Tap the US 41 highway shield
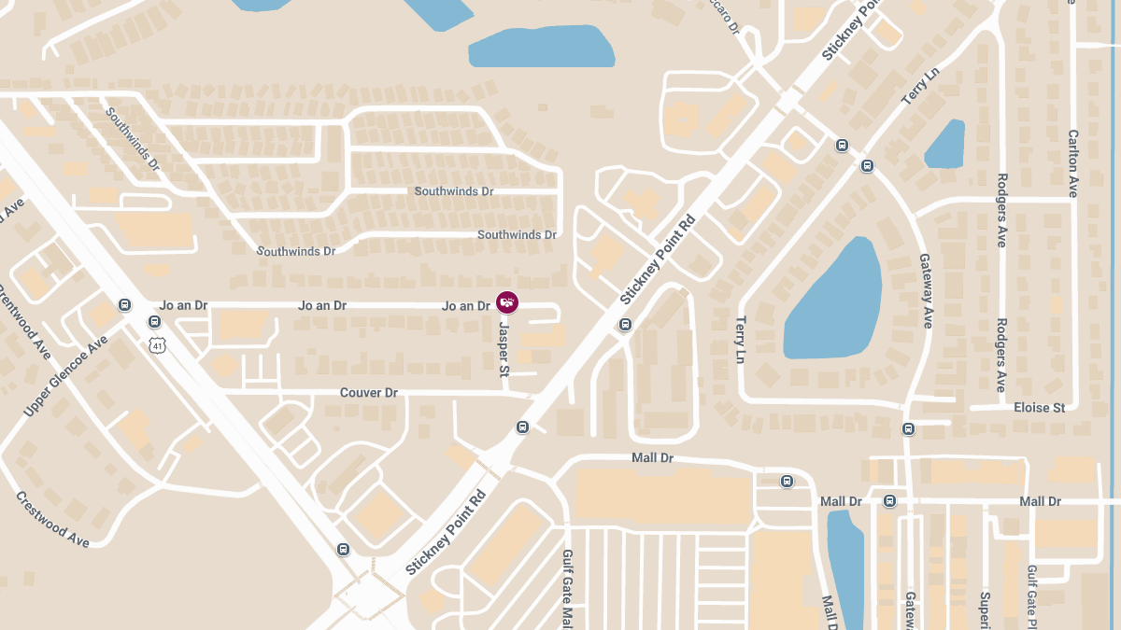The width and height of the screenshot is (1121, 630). coord(156,345)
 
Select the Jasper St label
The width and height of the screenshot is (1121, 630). coord(504,350)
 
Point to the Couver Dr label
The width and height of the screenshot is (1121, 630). coord(368,393)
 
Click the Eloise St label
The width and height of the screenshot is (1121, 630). coord(1039,408)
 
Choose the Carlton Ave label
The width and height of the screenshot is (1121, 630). coord(1072,163)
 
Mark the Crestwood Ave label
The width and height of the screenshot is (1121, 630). coord(52,519)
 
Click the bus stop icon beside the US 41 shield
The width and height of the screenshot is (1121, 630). coord(154,322)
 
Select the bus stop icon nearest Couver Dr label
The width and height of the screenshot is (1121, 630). coord(522,427)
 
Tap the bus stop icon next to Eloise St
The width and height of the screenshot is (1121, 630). coord(908,428)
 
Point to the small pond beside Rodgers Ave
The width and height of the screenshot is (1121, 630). coord(945,145)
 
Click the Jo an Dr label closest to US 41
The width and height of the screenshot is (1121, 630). coord(183,305)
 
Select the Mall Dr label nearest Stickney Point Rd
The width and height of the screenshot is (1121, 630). coord(653,458)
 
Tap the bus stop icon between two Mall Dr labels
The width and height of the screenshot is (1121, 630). coord(889,501)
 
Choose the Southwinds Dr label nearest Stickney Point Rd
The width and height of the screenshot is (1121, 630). coord(517,235)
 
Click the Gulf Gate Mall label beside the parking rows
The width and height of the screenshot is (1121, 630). coord(567,588)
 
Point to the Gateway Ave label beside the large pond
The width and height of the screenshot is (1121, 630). coord(926,291)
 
